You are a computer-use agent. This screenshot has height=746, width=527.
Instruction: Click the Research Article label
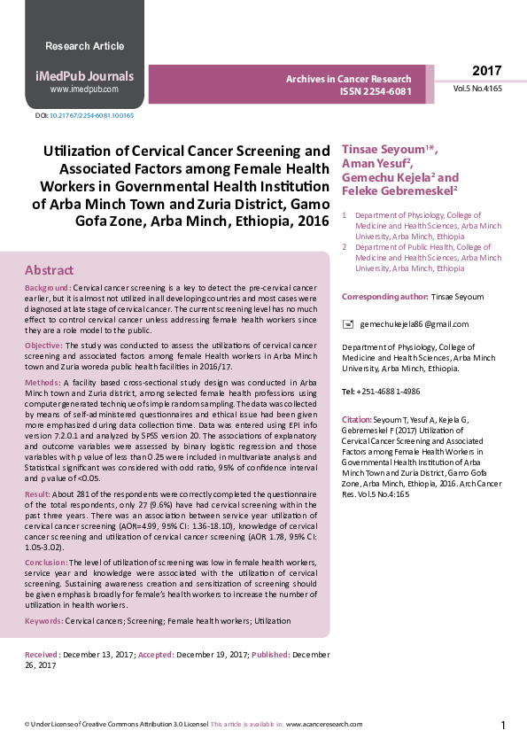point(84,46)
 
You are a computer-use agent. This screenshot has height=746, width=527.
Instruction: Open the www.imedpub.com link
point(84,89)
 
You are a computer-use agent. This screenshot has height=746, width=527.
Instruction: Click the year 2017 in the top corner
point(486,71)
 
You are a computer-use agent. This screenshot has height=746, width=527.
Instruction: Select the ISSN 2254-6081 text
point(376,91)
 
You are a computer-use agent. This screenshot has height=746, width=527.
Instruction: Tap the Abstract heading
point(49,270)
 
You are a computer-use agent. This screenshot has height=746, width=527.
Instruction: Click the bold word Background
point(48,289)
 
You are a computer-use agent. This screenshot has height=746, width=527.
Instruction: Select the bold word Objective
point(43,345)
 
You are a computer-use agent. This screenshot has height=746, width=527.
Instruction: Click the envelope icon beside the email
point(348,324)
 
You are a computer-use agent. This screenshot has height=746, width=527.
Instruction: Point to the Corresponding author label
point(384,296)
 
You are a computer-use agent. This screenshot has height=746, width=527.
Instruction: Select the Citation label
point(357,417)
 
